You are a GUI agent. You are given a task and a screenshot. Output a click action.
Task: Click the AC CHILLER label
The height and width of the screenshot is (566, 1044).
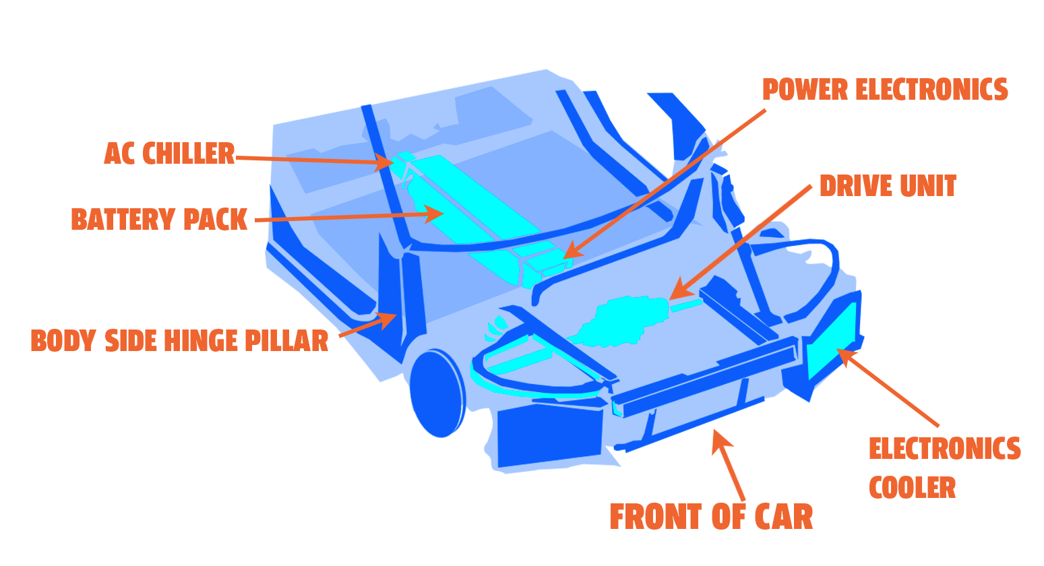169,154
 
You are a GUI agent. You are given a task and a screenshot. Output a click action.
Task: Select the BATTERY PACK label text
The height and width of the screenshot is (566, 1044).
159,220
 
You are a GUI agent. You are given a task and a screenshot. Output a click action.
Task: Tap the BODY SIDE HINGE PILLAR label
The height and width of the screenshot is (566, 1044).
179,341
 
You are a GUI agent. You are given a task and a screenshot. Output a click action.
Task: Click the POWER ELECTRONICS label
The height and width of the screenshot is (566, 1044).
885,90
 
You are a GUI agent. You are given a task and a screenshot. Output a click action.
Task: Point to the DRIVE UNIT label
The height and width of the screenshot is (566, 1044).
888,187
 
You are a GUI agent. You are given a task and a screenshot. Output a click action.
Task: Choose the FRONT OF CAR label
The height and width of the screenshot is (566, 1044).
711,517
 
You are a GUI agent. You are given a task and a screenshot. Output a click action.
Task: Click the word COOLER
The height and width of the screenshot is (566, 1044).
912,488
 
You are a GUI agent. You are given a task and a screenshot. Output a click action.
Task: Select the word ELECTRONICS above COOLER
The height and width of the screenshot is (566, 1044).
944,449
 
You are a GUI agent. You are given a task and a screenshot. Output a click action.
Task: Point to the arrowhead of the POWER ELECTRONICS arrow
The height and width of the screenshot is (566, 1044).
570,253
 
